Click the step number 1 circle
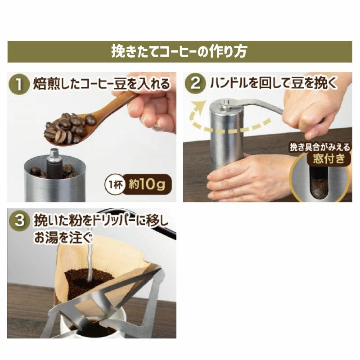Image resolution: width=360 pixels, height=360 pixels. (19, 84)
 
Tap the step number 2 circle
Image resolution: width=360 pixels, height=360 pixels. (196, 83)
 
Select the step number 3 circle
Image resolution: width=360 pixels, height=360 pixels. (19, 220)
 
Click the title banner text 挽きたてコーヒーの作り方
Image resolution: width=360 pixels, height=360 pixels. (179, 51)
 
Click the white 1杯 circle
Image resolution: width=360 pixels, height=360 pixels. (114, 184)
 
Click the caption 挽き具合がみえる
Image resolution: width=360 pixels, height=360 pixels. (320, 147)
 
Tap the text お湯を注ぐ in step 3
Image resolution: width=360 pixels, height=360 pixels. (63, 238)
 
